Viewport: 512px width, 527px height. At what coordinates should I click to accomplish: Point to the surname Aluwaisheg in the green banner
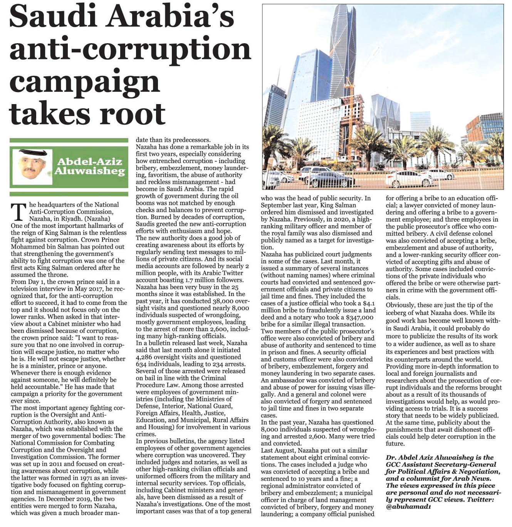pyautogui.click(x=90, y=171)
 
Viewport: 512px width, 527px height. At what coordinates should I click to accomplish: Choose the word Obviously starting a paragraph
pyautogui.click(x=401, y=305)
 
